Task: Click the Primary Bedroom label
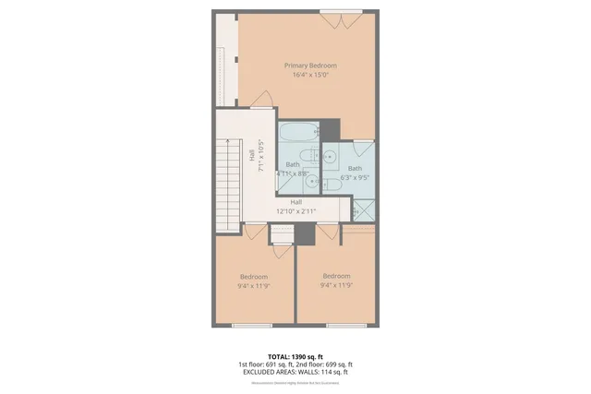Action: point(310,66)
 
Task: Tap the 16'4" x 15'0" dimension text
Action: point(310,75)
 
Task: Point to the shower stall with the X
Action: point(367,209)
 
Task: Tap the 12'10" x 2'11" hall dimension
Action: point(295,211)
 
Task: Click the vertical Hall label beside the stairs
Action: point(253,156)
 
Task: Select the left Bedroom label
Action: point(254,277)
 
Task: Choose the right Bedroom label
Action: point(336,276)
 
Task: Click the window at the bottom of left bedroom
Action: point(252,324)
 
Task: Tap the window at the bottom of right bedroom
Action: point(340,324)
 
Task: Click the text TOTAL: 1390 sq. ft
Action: point(295,355)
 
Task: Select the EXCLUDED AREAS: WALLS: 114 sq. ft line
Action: point(295,371)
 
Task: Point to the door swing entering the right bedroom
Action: point(330,234)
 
